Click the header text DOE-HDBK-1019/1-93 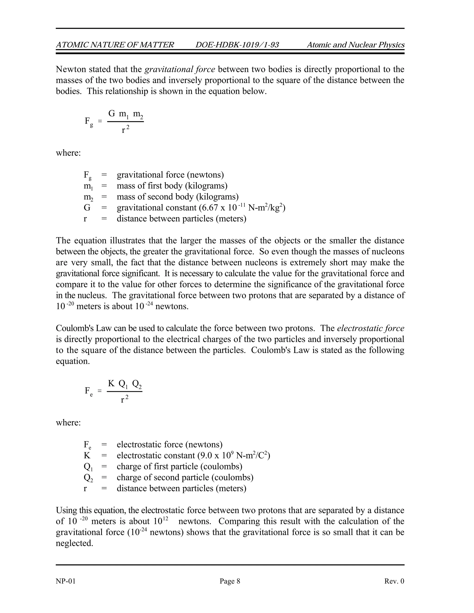[237, 45]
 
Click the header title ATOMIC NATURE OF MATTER [115, 45]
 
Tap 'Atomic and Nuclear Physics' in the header [355, 45]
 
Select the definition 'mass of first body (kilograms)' [172, 186]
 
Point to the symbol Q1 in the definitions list [88, 467]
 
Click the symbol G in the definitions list [87, 208]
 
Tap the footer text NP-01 [66, 581]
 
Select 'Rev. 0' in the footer [394, 581]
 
